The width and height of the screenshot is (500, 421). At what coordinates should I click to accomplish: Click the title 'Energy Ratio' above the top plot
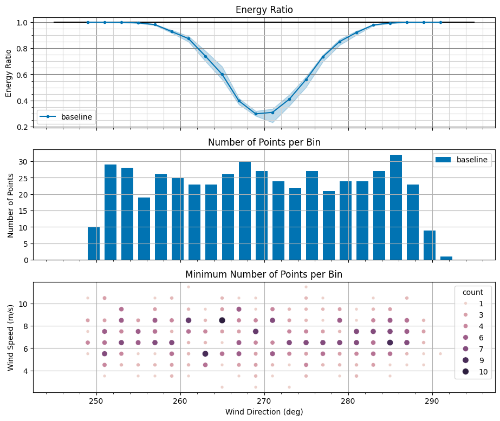click(x=264, y=10)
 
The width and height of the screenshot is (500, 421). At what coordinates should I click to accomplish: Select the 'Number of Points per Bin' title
click(x=264, y=142)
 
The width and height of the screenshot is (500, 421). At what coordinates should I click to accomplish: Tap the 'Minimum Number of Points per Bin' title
click(x=264, y=274)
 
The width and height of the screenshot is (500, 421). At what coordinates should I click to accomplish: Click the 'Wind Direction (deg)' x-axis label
click(x=264, y=412)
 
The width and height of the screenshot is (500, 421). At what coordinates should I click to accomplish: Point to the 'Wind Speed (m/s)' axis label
click(x=11, y=337)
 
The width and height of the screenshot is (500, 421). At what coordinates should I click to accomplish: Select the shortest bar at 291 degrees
click(x=446, y=258)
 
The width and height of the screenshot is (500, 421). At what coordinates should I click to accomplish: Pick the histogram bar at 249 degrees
click(x=94, y=244)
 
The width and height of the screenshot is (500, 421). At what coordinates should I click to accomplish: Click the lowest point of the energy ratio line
click(x=256, y=114)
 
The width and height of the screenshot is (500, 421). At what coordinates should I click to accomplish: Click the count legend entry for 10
click(x=482, y=371)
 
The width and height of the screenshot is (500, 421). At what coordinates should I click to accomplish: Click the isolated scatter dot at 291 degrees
click(x=440, y=353)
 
